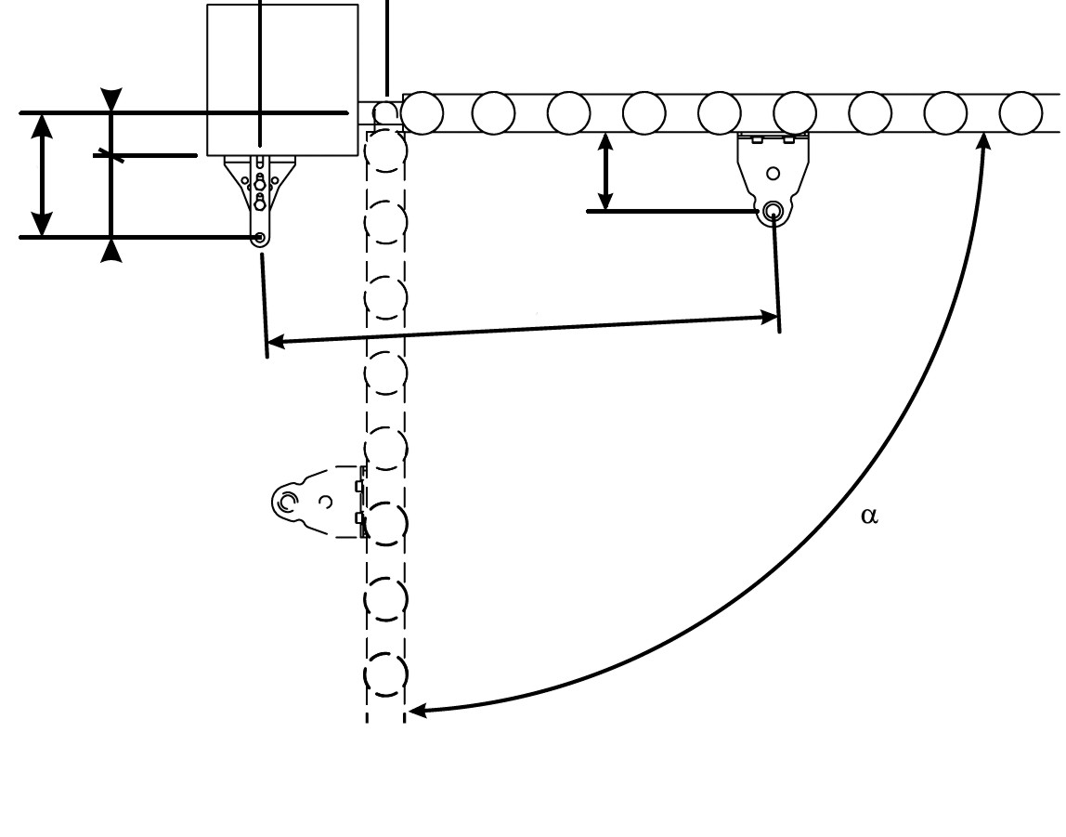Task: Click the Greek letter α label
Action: (869, 517)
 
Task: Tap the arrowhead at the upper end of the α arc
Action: (983, 141)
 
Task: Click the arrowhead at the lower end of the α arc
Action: (417, 711)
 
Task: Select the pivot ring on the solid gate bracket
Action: (773, 212)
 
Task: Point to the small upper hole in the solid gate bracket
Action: (773, 174)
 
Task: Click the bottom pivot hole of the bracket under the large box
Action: (259, 237)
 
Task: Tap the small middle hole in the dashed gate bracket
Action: (326, 503)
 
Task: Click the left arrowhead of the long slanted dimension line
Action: (276, 341)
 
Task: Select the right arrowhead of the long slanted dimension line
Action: (769, 318)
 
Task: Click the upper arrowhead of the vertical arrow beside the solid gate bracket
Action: (605, 141)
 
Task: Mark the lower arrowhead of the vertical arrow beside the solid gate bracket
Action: (605, 202)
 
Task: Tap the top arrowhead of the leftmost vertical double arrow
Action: (42, 125)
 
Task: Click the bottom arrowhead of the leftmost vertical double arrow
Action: (42, 225)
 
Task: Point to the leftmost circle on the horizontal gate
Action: (422, 112)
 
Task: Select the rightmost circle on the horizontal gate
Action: (1021, 112)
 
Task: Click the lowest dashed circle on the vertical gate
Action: (386, 674)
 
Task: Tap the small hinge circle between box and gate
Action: (386, 112)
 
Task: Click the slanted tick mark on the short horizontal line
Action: (110, 156)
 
